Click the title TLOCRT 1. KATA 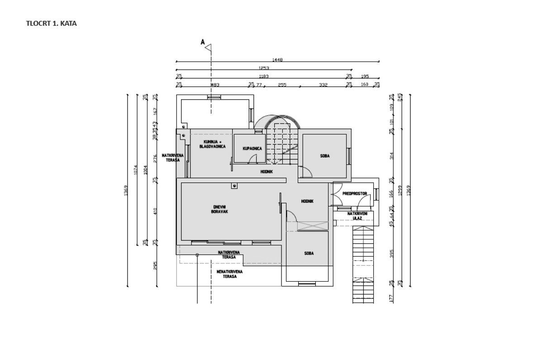51,23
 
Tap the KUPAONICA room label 252,149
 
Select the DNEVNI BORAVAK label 220,209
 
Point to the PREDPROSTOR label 354,194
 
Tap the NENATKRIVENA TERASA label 229,274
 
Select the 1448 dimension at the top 277,60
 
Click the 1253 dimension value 265,68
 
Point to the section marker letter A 203,42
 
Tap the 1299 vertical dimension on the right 400,191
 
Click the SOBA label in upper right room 324,156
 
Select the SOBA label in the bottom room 309,254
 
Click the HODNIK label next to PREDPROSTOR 307,202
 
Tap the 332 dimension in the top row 323,85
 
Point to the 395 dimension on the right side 391,253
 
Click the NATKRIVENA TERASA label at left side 173,158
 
